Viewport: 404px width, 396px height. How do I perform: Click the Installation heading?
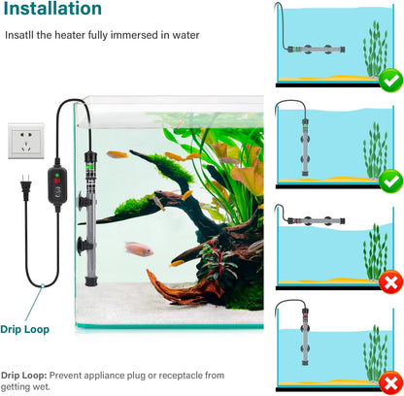point(52,9)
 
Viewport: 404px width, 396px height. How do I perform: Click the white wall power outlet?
point(26,141)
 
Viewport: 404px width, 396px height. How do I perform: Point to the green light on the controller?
point(57,176)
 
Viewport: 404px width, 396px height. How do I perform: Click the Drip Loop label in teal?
point(25,329)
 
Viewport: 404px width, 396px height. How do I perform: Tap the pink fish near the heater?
point(139,248)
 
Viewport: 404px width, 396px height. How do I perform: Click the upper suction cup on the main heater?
point(84,201)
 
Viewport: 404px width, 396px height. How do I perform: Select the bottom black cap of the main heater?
point(91,280)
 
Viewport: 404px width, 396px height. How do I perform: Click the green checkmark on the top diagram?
point(391,81)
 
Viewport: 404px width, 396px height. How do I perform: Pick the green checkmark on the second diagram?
point(391,181)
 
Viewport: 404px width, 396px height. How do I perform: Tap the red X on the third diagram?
point(391,281)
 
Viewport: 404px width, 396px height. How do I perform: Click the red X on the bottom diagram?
point(391,382)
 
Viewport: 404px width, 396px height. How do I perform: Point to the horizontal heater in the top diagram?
point(317,49)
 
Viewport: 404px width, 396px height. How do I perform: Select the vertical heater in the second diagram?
point(305,148)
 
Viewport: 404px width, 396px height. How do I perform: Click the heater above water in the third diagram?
point(317,221)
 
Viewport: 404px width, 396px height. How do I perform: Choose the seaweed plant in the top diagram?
point(375,50)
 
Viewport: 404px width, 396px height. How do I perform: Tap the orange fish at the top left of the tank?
point(118,154)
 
